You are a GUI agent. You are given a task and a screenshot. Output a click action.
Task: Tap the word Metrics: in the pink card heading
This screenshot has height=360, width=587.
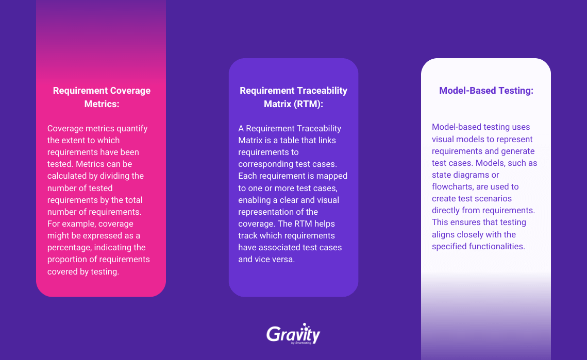[x=102, y=104]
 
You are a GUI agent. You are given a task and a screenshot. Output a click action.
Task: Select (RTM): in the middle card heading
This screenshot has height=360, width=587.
[x=308, y=104]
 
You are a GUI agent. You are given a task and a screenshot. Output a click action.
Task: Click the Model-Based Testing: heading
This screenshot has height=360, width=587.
[x=486, y=91]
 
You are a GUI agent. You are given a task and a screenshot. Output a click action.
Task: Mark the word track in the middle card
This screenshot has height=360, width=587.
[x=247, y=236]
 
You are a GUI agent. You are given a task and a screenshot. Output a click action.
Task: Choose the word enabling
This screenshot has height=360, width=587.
[x=255, y=200]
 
